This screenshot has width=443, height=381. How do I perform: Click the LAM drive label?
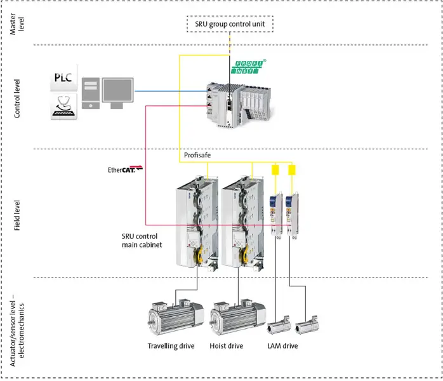[x=282, y=346]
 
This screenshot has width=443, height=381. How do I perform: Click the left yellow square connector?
[x=275, y=170]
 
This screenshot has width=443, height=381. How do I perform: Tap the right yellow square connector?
[x=292, y=170]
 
